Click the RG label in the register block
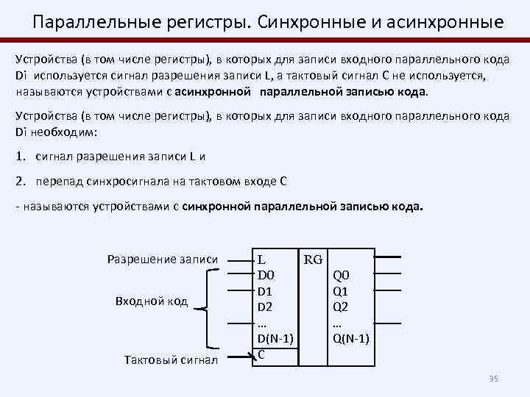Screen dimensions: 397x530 [313, 260]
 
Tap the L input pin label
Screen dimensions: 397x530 [261, 260]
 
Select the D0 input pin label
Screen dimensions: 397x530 [265, 275]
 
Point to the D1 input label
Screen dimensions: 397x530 [265, 291]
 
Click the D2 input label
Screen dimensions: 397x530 [265, 307]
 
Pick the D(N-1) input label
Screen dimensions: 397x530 [275, 338]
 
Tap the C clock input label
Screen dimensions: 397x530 [261, 354]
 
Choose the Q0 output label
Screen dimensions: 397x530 [342, 276]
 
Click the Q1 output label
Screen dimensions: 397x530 [342, 291]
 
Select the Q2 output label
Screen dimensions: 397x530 [342, 307]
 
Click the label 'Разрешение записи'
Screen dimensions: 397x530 [163, 259]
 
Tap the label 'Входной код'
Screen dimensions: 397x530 [152, 301]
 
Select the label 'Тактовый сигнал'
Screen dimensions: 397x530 [172, 360]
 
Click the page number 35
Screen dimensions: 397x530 [494, 379]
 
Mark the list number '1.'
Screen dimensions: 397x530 [21, 156]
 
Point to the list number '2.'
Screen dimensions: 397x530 [21, 182]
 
